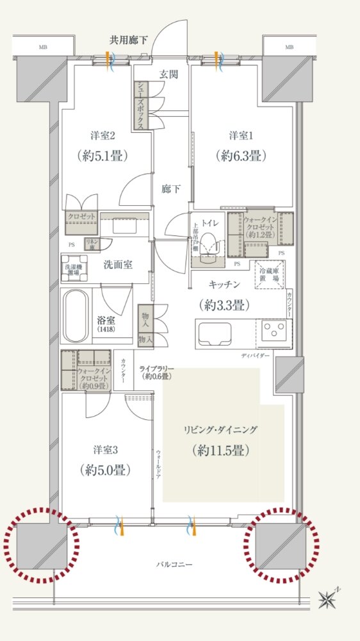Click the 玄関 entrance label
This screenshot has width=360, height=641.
pyautogui.click(x=170, y=74)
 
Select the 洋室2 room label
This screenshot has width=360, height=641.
pyautogui.click(x=102, y=136)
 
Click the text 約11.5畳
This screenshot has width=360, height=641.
pyautogui.click(x=220, y=449)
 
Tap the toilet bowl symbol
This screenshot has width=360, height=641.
pyautogui.click(x=208, y=246)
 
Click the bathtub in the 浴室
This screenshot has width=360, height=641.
pyautogui.click(x=76, y=317)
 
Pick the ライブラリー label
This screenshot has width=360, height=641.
pyautogui.click(x=156, y=369)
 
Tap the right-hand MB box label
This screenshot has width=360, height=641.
pyautogui.click(x=289, y=47)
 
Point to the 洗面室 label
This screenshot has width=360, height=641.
pyautogui.click(x=118, y=264)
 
